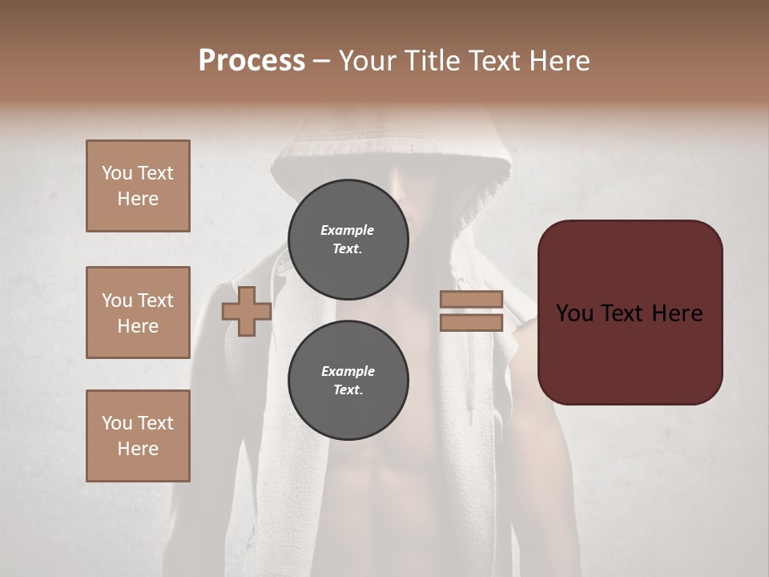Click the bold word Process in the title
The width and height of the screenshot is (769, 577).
[x=252, y=61]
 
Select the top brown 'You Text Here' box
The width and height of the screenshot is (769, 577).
[x=138, y=186]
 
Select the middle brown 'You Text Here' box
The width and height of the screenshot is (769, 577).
[x=138, y=313]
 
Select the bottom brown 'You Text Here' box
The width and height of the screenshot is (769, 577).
[x=138, y=436]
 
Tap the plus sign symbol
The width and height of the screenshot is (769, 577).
[x=247, y=311]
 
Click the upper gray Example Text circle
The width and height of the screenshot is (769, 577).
[x=348, y=239]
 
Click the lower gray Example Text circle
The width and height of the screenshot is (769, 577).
[x=348, y=380]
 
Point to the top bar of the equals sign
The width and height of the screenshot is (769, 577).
[x=472, y=299]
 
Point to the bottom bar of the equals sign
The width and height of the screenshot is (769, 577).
[x=472, y=323]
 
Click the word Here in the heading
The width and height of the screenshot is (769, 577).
[x=559, y=61]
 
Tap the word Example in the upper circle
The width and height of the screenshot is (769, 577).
[x=348, y=230]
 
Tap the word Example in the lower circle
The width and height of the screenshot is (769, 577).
[x=348, y=371]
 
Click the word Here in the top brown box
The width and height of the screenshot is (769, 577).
[x=138, y=199]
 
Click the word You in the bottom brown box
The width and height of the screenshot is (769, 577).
[x=117, y=423]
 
